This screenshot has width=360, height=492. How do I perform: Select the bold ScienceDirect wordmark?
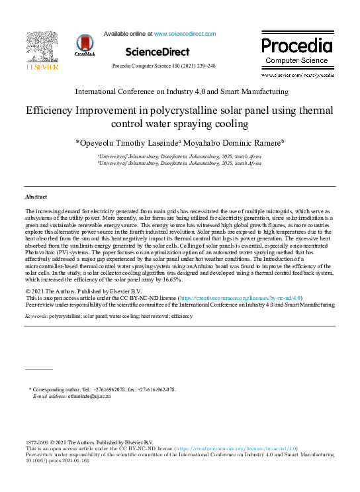point(157,52)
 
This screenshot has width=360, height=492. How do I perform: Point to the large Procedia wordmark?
point(296,46)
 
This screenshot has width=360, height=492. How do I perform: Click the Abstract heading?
point(36,197)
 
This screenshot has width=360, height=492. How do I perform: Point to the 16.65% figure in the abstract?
point(168,281)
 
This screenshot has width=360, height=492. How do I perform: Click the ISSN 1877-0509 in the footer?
point(36,442)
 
